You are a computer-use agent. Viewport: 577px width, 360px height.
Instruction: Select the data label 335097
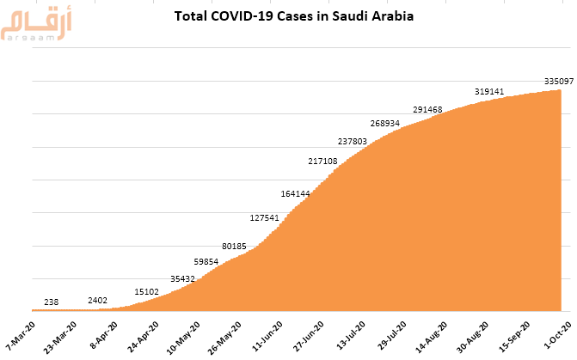(560, 81)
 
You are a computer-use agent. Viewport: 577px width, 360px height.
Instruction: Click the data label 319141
(490, 91)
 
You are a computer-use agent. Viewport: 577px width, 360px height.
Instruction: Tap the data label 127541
(264, 217)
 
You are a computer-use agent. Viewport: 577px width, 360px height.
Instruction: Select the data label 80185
(234, 247)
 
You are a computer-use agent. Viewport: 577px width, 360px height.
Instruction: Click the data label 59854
(206, 261)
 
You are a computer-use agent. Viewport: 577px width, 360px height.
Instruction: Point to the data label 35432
(182, 278)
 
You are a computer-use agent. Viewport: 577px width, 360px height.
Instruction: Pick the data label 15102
(147, 291)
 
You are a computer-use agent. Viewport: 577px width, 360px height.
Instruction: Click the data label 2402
(98, 300)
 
